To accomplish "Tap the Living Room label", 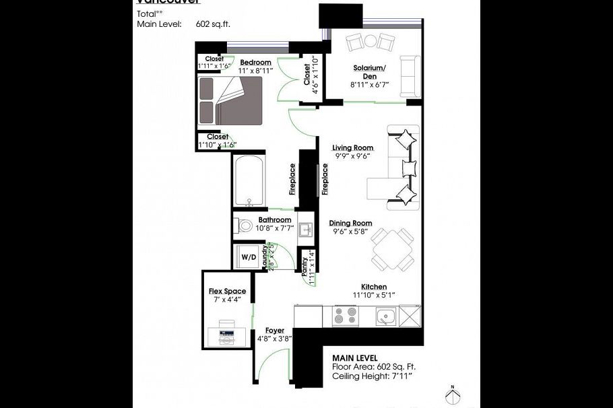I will (x=352, y=147).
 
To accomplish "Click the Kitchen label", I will (x=373, y=286).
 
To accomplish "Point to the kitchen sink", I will (x=386, y=316).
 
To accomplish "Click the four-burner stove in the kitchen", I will (x=346, y=316).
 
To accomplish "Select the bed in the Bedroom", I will (x=229, y=100).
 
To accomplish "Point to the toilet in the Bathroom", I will (x=245, y=226).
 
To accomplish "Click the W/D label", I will (x=249, y=257).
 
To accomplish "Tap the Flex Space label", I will (x=227, y=292).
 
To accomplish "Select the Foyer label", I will (x=274, y=331).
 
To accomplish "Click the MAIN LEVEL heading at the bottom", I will (x=355, y=358).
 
